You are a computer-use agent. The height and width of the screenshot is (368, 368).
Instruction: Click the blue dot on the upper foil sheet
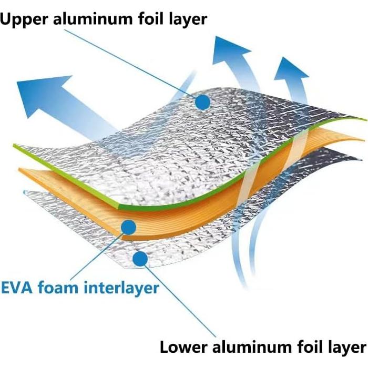coord(202,101)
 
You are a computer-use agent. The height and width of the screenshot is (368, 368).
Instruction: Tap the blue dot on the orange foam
coord(128,227)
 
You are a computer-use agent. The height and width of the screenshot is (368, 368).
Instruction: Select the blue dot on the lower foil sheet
coord(139,258)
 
